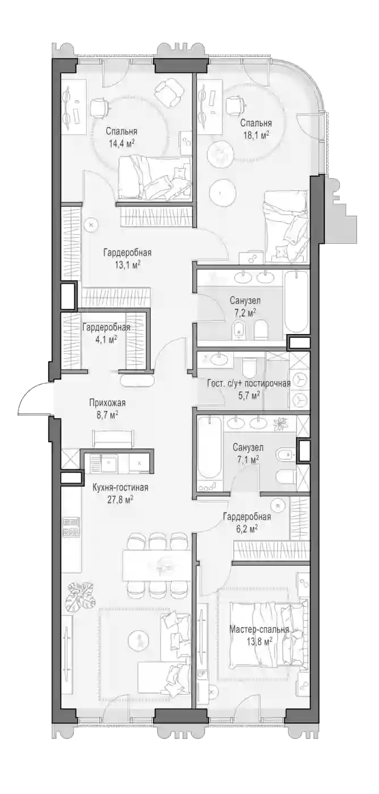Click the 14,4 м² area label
(x=121, y=143)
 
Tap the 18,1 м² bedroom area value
(x=256, y=135)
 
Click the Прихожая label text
(x=107, y=403)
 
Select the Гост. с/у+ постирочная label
(x=249, y=383)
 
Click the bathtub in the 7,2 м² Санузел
(x=297, y=302)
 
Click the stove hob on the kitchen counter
(x=70, y=527)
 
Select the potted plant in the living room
(x=81, y=597)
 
